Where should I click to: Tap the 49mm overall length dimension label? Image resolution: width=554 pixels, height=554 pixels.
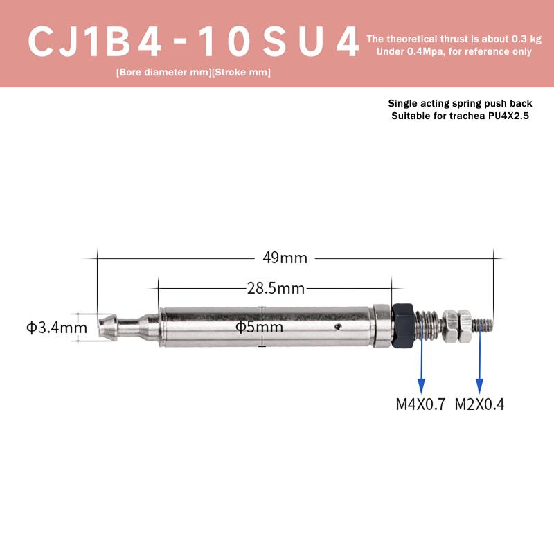point(285,258)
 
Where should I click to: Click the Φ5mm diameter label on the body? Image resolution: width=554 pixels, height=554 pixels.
point(259,327)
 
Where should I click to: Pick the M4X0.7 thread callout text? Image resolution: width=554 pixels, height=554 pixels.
point(420,404)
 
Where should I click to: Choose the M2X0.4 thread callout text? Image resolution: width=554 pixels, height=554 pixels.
point(479,404)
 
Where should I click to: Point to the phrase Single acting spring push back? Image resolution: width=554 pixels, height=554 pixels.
point(460,103)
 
